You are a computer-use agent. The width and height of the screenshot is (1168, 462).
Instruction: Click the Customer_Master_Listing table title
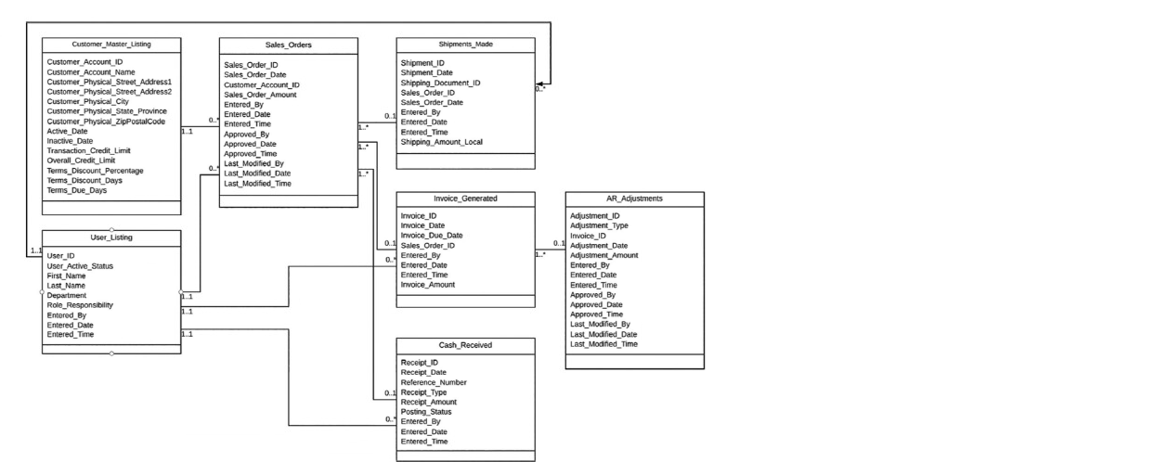click(111, 45)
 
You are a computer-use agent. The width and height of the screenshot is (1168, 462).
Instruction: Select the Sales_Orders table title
click(288, 45)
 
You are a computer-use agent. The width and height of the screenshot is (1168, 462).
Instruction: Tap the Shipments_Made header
click(465, 45)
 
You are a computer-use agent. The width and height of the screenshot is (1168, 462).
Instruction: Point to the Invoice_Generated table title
click(465, 198)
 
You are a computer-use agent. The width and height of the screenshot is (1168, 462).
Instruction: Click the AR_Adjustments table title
click(634, 198)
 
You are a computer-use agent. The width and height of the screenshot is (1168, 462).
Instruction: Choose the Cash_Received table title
click(465, 344)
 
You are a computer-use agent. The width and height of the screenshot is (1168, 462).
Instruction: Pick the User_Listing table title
click(111, 237)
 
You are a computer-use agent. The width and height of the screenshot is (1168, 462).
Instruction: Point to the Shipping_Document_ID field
click(440, 83)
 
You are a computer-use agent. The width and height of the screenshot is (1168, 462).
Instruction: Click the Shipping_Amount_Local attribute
click(441, 142)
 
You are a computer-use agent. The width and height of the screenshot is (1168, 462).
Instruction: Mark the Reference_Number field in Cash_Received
click(434, 382)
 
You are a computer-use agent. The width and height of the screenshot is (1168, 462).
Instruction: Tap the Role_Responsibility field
click(80, 305)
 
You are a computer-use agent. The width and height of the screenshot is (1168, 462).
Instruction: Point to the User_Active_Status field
click(80, 266)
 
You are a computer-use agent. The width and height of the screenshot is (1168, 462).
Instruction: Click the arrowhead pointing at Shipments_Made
click(541, 83)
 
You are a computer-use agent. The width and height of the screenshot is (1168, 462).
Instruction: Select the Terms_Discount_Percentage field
click(95, 171)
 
